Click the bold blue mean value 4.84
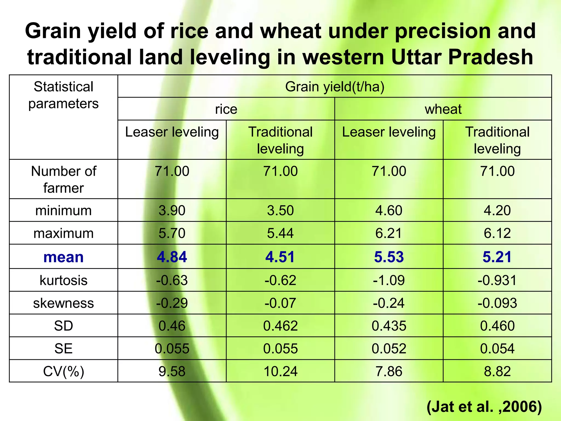[172, 257]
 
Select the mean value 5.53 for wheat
[389, 257]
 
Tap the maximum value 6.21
[389, 233]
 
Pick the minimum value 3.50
[280, 210]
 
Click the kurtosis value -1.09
[389, 280]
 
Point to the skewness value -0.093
[497, 303]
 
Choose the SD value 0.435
[389, 326]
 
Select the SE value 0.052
[389, 349]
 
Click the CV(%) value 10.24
[280, 371]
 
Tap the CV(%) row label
[64, 371]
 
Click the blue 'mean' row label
[64, 257]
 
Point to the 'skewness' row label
[64, 303]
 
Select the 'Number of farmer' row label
[64, 179]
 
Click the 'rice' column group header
[226, 109]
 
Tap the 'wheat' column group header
[443, 109]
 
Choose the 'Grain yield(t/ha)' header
[335, 87]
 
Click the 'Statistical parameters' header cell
[64, 95]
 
